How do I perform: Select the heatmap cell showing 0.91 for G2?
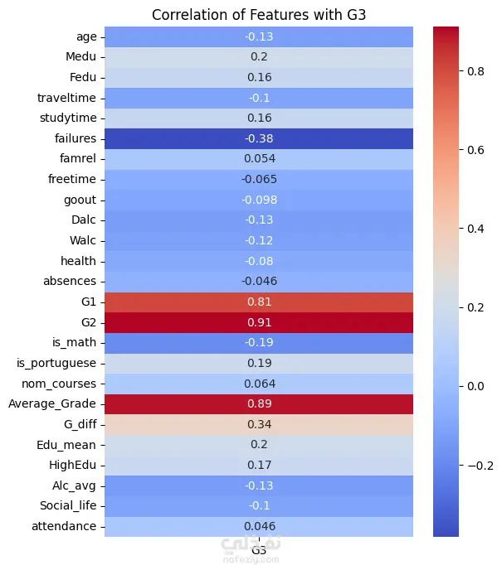[259, 321]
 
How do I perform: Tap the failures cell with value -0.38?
[259, 138]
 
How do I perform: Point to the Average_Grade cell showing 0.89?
[259, 403]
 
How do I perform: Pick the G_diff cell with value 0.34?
[259, 424]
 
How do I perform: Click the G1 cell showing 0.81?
[259, 302]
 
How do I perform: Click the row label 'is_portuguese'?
[57, 363]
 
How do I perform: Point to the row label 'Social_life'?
[68, 505]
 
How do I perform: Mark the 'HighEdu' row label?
[72, 465]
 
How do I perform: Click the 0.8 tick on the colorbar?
[476, 72]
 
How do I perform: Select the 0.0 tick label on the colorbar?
[476, 387]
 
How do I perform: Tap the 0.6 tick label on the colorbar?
[476, 151]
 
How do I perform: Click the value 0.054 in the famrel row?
[259, 158]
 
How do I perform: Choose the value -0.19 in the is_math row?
[259, 342]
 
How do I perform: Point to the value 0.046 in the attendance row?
[259, 526]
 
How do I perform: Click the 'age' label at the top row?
[86, 36]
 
